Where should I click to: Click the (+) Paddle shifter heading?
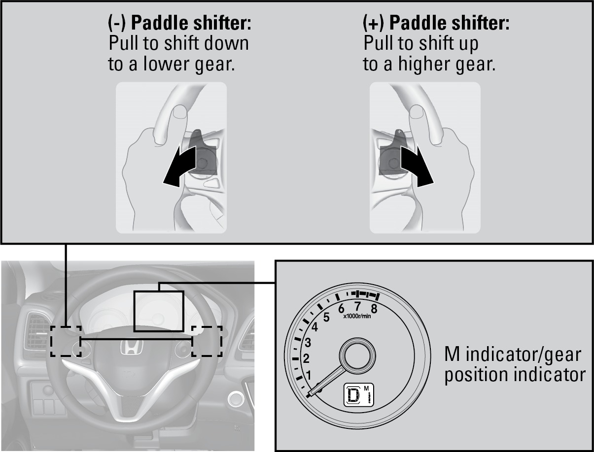pos(436,24)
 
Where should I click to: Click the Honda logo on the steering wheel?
pos(131,348)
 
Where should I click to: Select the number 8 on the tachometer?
pos(374,309)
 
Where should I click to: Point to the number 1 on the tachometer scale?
pos(309,376)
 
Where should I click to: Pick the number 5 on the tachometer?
pos(326,317)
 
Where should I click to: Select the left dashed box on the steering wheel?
pos(66,341)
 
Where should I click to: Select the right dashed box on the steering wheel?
pos(207,341)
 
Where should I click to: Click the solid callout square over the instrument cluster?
pos(159,311)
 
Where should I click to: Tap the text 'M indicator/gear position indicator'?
pos(515,364)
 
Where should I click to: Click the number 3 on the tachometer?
pos(307,342)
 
